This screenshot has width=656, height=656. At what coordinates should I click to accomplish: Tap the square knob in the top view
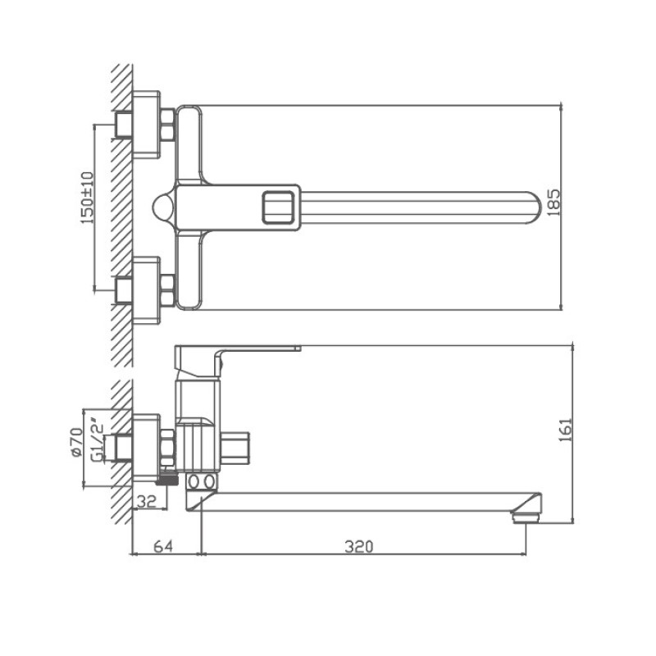tap(279, 206)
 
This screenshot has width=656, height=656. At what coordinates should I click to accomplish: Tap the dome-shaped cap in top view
tap(163, 206)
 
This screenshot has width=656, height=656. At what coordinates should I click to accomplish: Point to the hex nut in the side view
tap(167, 445)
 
